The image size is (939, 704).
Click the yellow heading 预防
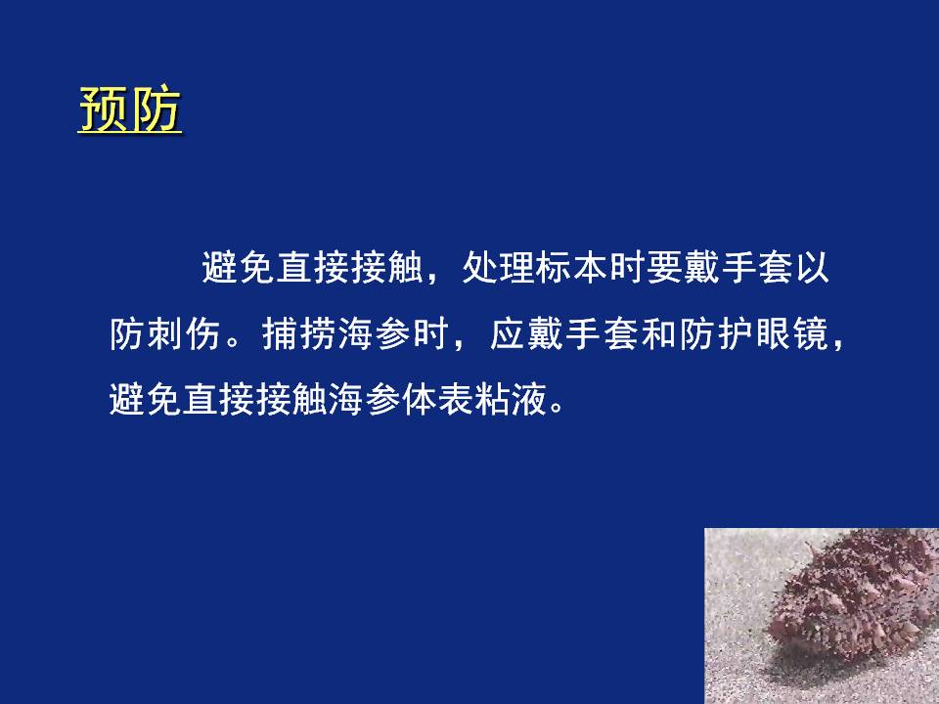tap(130, 110)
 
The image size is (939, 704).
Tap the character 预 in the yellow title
tap(104, 110)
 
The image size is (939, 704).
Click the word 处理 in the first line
tap(498, 268)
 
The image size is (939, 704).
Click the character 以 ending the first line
tap(812, 268)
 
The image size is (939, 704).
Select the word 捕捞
tap(299, 333)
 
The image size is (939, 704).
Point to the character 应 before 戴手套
tap(509, 333)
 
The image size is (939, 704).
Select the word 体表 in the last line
tap(438, 399)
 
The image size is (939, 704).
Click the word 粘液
tap(511, 399)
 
